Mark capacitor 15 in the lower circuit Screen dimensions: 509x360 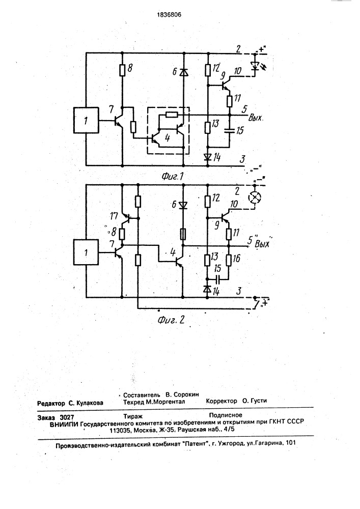click(217, 279)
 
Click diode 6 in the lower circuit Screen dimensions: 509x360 click(183, 206)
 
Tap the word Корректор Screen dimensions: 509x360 click(222, 401)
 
